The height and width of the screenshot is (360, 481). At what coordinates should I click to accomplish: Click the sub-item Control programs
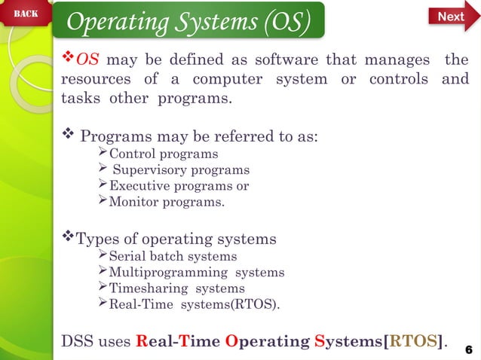[x=163, y=154]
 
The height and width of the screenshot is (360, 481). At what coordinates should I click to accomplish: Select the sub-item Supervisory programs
[x=180, y=170]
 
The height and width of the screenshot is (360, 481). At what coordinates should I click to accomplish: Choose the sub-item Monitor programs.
[x=166, y=202]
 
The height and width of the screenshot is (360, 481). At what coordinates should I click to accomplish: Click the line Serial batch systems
[x=173, y=256]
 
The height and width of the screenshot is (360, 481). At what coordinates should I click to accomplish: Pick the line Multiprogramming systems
[x=197, y=272]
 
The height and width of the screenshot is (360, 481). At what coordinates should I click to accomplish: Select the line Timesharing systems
[x=176, y=288]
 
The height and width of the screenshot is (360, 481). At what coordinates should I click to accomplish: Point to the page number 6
[x=468, y=349]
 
